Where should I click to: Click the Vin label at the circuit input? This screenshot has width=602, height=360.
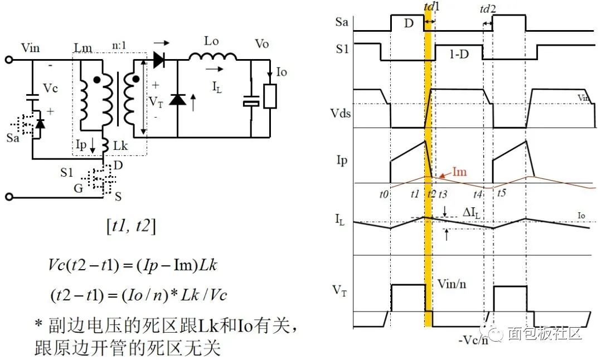pos(31,47)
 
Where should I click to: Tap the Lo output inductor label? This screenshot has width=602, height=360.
pos(211,41)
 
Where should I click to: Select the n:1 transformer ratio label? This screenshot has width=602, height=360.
pos(124,47)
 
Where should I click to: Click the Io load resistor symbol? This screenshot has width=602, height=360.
pos(270,96)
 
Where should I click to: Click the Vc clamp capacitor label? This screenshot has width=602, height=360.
pos(51,89)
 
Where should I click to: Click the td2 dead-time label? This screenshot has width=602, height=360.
pos(488,9)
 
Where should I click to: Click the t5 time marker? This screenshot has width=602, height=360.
pos(502,194)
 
